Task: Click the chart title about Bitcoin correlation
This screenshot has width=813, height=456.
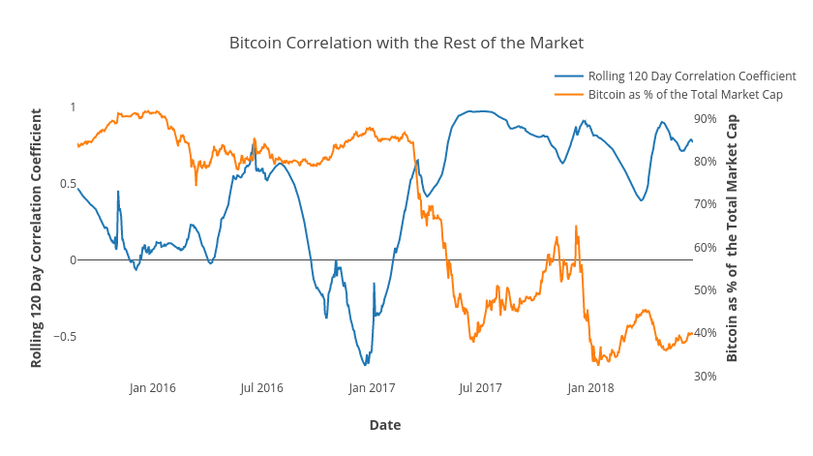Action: pyautogui.click(x=406, y=44)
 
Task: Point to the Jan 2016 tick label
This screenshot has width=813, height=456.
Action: pyautogui.click(x=152, y=388)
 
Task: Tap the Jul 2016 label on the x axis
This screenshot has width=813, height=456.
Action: pyautogui.click(x=261, y=388)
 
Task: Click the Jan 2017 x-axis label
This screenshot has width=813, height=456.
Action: pyautogui.click(x=372, y=388)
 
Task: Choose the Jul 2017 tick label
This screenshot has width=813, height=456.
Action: pyautogui.click(x=480, y=388)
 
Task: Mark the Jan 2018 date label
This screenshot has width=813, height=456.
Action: pyautogui.click(x=590, y=388)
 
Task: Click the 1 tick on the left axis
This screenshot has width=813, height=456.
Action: pyautogui.click(x=72, y=106)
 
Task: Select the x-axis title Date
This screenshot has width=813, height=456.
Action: pyautogui.click(x=384, y=425)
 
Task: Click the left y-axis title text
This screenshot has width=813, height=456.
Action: pyautogui.click(x=37, y=237)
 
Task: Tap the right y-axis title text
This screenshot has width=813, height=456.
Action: pyautogui.click(x=732, y=237)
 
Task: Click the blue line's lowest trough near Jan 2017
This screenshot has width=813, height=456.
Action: pyautogui.click(x=365, y=365)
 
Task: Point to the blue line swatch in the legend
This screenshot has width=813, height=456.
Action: pyautogui.click(x=569, y=76)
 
